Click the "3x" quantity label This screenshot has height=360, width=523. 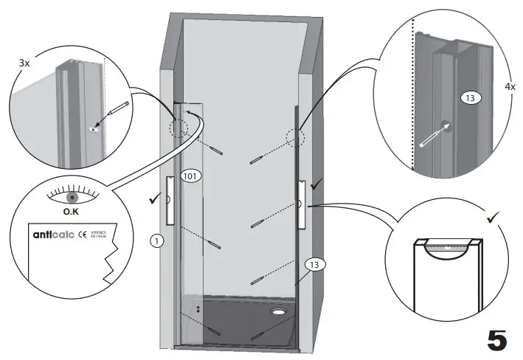click(x=24, y=63)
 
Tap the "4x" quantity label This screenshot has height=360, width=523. click(x=510, y=86)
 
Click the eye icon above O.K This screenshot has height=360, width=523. click(x=72, y=198)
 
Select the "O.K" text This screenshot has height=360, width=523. click(x=72, y=212)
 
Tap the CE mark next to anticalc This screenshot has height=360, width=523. click(x=82, y=236)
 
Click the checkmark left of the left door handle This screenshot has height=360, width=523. click(x=153, y=198)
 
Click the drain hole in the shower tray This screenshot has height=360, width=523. click(x=278, y=311)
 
